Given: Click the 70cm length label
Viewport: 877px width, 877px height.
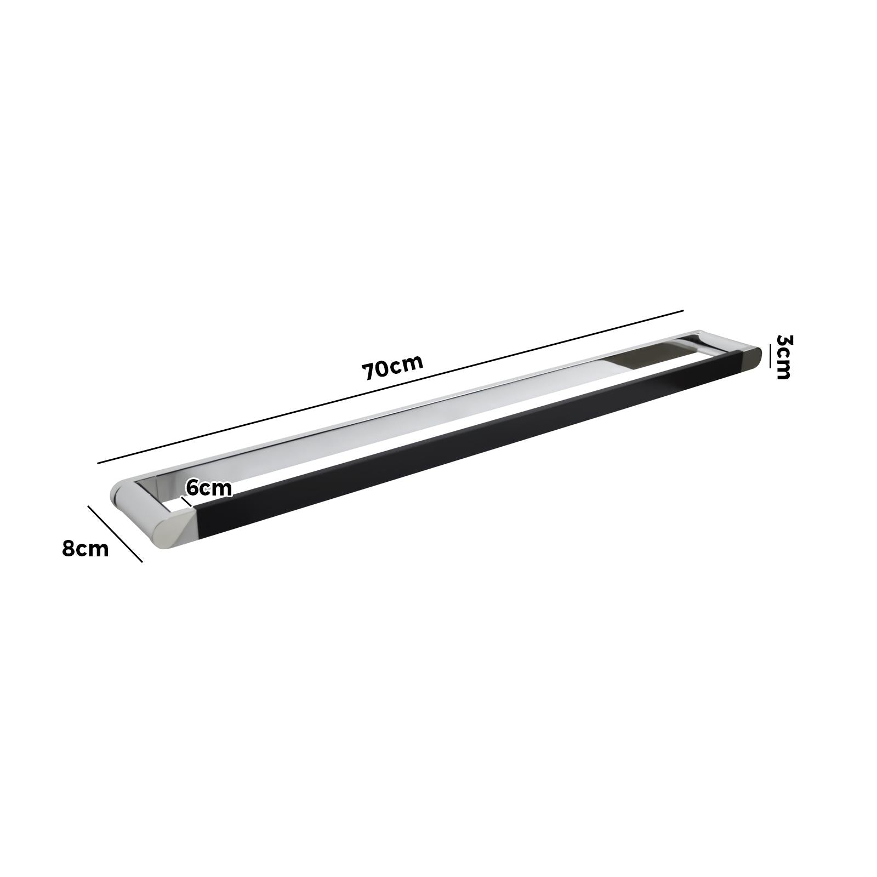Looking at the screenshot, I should coord(392,367).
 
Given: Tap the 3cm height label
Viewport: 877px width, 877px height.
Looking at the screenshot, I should coord(783,357).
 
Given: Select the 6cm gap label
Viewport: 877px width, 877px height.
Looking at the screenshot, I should coord(208,487).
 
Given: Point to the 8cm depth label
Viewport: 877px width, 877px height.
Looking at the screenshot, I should coord(85,548).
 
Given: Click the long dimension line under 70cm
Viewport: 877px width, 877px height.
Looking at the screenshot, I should coord(390,388).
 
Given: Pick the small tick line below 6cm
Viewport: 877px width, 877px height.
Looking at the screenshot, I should coord(186,502).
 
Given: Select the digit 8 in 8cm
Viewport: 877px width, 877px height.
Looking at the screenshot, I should coord(69,548).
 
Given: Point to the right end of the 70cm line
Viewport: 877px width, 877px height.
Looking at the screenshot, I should coord(682,311).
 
